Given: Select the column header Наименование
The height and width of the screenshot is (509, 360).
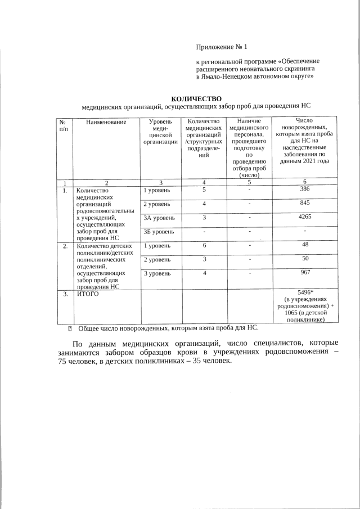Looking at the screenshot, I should pos(106,121).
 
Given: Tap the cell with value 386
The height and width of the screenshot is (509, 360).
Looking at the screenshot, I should pos(304,190).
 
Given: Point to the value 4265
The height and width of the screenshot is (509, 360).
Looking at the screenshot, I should pos(304,217).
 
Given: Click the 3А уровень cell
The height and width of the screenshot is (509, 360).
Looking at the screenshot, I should pos(159,217).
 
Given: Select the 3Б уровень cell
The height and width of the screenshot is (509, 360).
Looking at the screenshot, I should pos(159,231).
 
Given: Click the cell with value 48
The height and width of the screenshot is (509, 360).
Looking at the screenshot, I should pos(304,245).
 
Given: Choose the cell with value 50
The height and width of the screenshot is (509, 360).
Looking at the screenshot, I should pos(304,259).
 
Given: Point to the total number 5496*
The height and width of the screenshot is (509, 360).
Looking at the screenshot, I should pos(304,292).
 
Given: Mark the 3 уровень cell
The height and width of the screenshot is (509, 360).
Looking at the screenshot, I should pos(157,273).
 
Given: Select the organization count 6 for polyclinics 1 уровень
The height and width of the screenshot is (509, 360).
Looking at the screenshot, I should pos(204,245).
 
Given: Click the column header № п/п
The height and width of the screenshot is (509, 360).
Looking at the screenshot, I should pos(65,125).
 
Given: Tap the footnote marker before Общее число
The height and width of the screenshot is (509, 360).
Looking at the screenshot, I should pos(70,327).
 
